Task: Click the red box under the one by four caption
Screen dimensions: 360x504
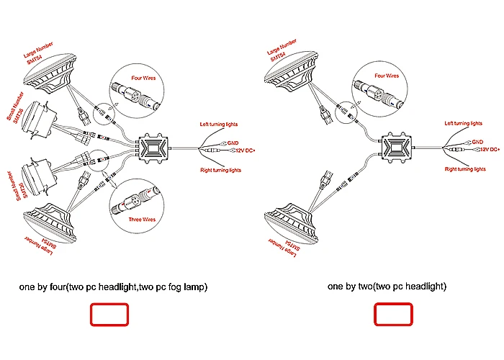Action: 109,315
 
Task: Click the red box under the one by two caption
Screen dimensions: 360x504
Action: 393,315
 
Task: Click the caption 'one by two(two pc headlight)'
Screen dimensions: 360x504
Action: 387,287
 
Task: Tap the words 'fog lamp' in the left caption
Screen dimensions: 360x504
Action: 184,287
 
